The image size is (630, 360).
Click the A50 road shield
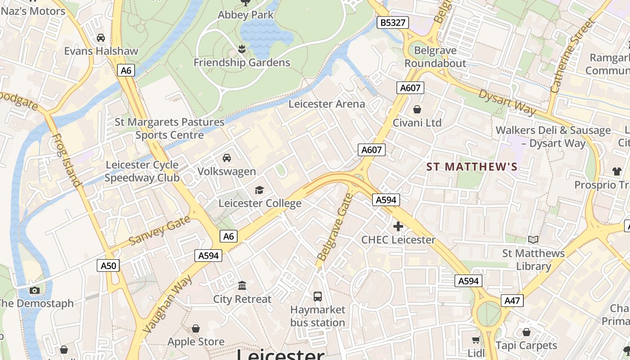click(x=108, y=265)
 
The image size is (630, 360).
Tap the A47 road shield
click(x=513, y=301)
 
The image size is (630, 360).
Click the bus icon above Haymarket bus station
click(x=318, y=296)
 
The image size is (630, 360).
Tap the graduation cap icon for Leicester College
click(x=259, y=190)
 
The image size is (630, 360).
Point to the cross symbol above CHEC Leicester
click(x=398, y=226)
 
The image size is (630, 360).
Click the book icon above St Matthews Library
click(x=533, y=240)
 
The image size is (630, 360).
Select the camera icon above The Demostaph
click(x=35, y=290)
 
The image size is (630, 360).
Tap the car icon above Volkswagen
click(x=227, y=157)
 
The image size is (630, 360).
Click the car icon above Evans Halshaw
click(x=101, y=37)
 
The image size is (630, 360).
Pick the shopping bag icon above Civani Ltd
click(x=417, y=109)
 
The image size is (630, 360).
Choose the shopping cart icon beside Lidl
click(x=476, y=340)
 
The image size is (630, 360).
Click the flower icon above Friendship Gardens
click(x=242, y=49)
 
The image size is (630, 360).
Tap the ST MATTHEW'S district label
click(x=472, y=167)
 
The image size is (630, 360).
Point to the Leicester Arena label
click(x=327, y=104)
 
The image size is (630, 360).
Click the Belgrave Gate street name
click(x=335, y=227)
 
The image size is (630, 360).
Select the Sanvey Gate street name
click(x=160, y=230)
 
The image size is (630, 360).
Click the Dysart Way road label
click(x=507, y=102)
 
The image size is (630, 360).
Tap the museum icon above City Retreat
click(x=242, y=285)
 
